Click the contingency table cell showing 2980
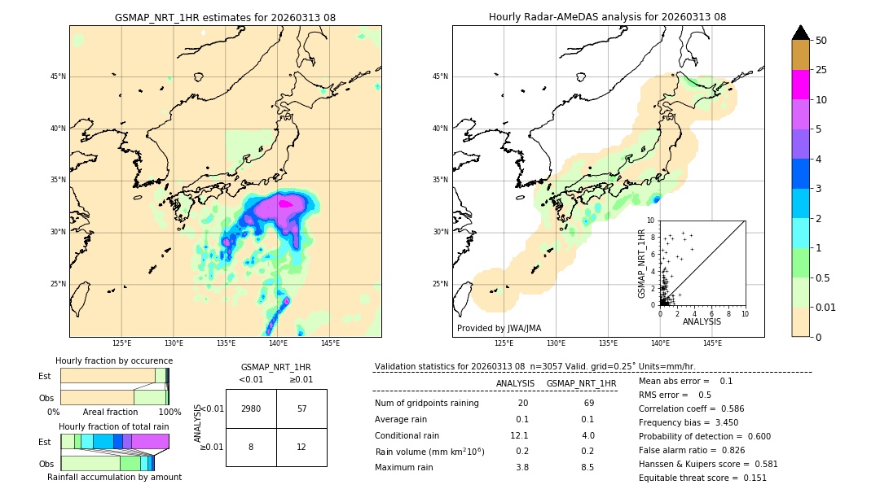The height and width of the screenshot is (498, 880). (251, 408)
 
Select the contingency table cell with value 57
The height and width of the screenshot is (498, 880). (301, 408)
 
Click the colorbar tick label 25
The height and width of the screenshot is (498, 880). (821, 70)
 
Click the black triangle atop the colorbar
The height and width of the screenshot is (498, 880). (800, 33)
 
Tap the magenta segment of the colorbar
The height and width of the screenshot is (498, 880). (800, 85)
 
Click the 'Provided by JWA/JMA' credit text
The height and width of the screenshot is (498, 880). (499, 329)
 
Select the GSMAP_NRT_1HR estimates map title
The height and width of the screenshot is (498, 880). (225, 17)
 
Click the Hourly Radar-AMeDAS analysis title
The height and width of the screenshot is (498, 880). (607, 17)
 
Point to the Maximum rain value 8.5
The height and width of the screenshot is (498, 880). (586, 467)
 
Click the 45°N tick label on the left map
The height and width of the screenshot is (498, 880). (57, 76)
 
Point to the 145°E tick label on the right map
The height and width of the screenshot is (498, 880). (712, 343)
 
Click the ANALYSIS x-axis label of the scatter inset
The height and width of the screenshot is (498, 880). (702, 321)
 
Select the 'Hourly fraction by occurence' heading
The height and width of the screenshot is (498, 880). (114, 360)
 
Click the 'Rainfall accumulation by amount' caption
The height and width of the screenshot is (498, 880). (114, 478)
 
